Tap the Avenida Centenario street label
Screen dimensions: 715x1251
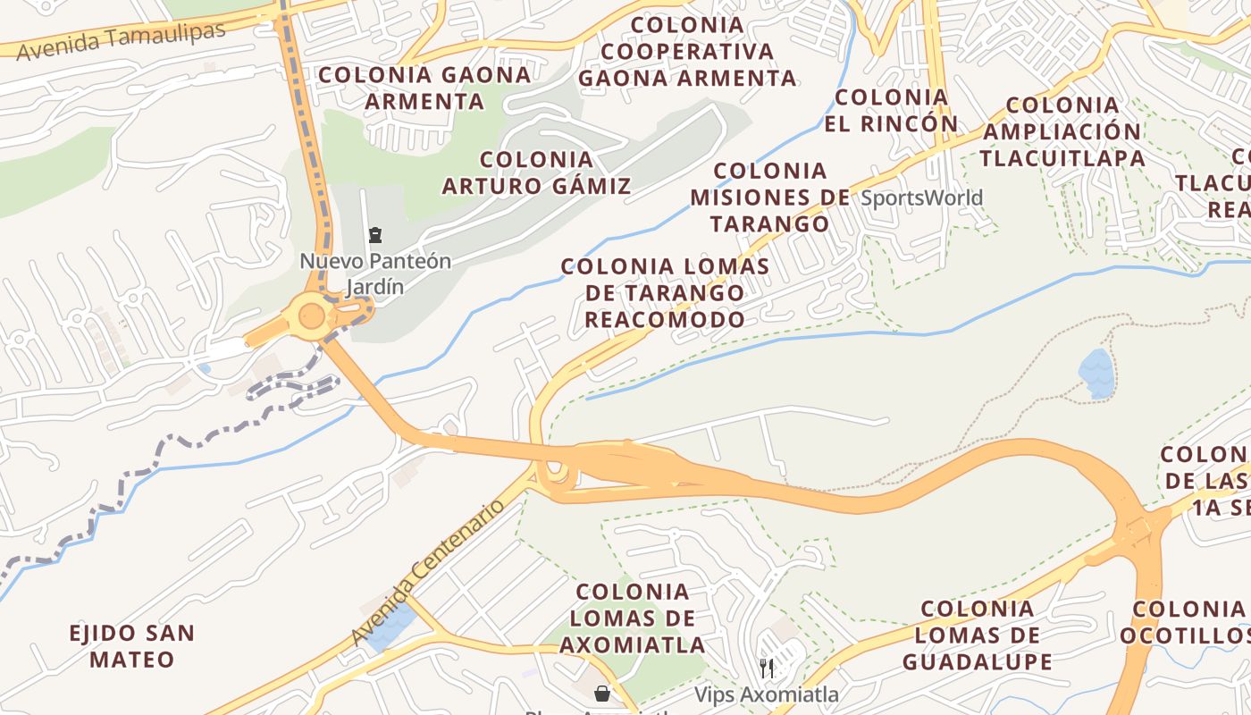[429, 573]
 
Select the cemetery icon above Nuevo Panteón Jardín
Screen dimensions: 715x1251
[375, 236]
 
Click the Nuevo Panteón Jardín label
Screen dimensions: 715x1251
[375, 274]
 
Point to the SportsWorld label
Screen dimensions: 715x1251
[921, 198]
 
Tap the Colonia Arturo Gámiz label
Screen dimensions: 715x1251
[536, 173]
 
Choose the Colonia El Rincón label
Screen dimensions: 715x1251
[891, 110]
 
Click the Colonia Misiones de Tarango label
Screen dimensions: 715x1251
[770, 197]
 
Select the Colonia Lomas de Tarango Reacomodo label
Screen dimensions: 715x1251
[665, 292]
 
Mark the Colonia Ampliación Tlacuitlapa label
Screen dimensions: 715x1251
[1062, 131]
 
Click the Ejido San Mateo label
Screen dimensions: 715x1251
[132, 646]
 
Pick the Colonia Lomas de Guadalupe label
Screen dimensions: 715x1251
[977, 635]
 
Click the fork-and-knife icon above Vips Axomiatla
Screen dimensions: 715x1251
[766, 668]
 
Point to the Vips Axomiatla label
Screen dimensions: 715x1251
[767, 694]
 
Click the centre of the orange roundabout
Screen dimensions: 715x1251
[311, 315]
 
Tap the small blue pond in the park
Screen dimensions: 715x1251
[1096, 373]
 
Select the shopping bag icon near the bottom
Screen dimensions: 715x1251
[603, 693]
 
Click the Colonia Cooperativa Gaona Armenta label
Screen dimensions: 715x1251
[686, 52]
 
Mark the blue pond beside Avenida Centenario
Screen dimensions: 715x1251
[391, 626]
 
